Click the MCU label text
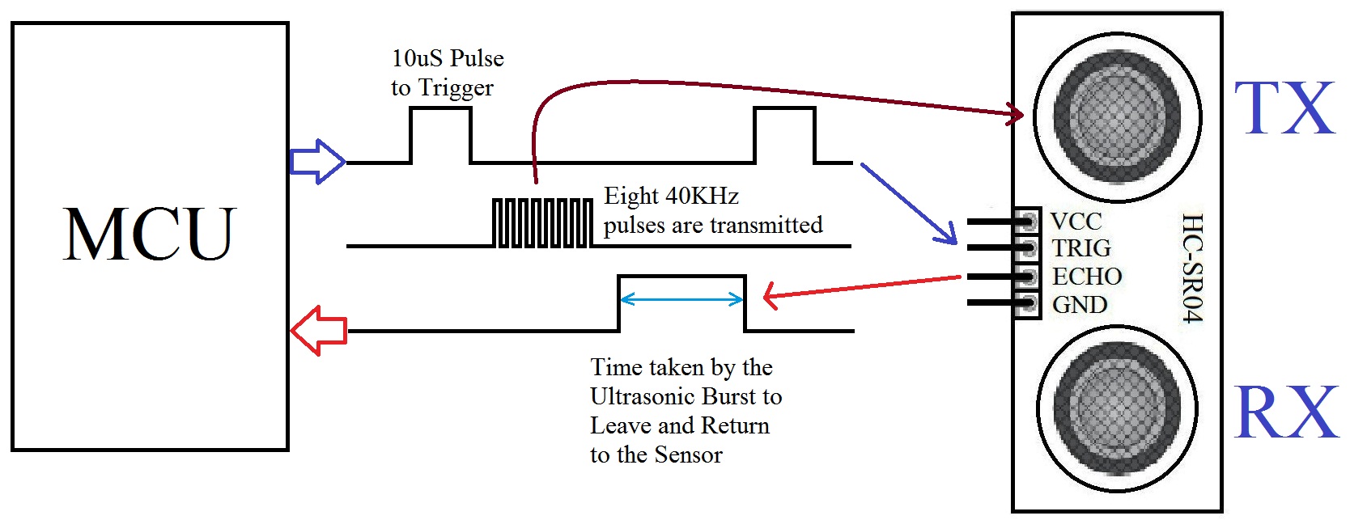[x=150, y=235]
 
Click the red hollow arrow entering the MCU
[x=318, y=330]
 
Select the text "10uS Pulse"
[x=448, y=59]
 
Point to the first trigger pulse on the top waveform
[x=440, y=133]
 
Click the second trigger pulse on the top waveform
[x=784, y=133]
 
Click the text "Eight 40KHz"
[x=671, y=197]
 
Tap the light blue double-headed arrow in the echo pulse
[x=681, y=300]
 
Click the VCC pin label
[x=1076, y=222]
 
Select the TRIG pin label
[x=1081, y=248]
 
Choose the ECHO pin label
[x=1087, y=277]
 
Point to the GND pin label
[x=1080, y=305]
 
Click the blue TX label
[x=1284, y=109]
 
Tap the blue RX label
[x=1286, y=412]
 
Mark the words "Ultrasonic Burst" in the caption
[x=674, y=397]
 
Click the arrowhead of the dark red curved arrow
[x=1015, y=113]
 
